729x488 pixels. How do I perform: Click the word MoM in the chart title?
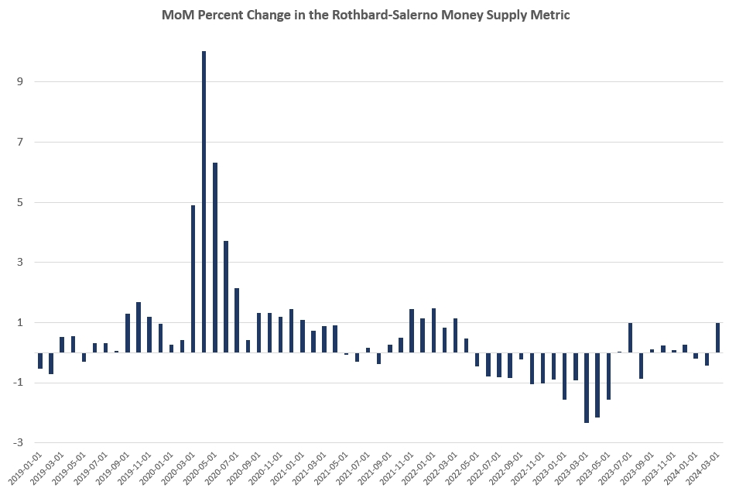click(177, 15)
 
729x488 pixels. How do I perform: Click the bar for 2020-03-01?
click(193, 279)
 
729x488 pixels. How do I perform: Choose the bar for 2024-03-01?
click(717, 338)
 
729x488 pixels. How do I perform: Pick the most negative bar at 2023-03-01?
click(587, 387)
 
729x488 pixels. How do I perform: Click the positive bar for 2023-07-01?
click(630, 338)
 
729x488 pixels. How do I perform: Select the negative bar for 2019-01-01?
click(40, 360)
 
